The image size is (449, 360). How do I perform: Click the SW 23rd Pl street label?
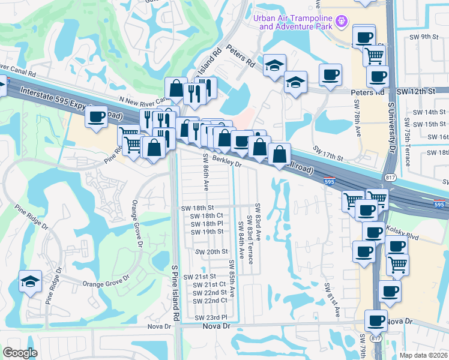(211, 317)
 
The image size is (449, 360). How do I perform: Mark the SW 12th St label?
(415, 91)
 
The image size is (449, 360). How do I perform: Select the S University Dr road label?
(391, 126)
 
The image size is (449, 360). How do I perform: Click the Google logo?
(20, 352)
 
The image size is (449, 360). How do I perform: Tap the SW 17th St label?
(327, 153)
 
